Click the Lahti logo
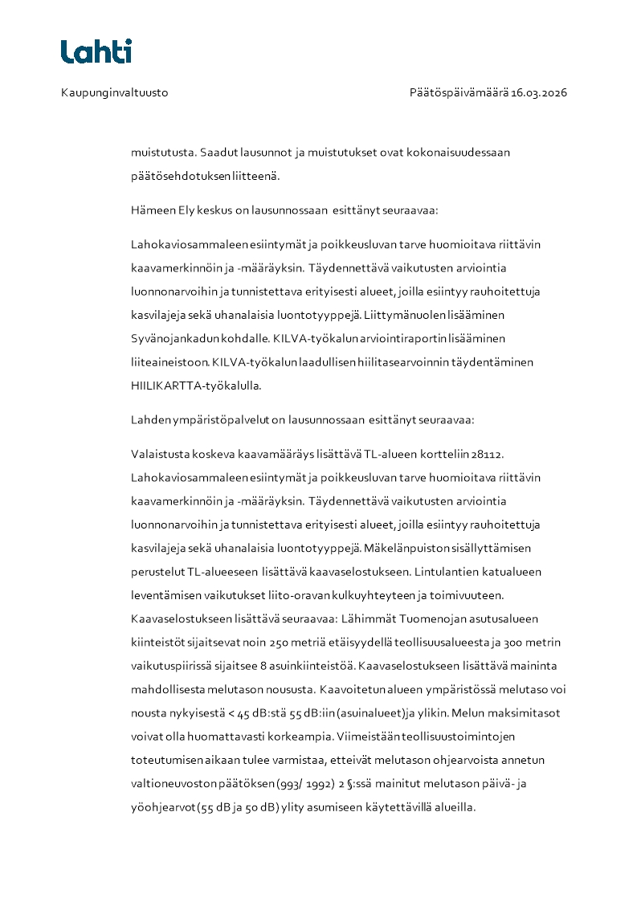pos(96,51)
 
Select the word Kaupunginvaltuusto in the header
pos(114,93)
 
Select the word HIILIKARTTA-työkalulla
pos(196,386)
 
